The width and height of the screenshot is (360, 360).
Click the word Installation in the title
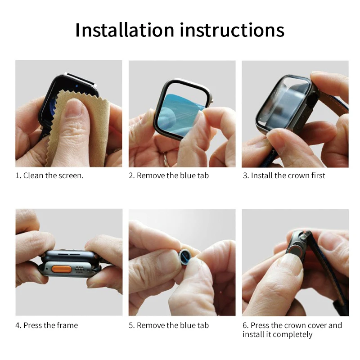[125, 30]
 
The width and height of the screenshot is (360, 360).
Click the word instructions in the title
[232, 30]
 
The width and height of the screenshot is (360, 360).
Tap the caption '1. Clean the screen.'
[49, 175]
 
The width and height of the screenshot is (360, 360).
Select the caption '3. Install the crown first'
[284, 175]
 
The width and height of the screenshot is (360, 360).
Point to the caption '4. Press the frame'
[47, 325]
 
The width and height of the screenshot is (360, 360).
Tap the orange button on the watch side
[62, 269]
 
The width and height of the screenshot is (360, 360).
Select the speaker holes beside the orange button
[80, 270]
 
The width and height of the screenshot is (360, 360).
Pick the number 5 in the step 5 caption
[131, 325]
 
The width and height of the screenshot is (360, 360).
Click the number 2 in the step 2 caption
[131, 176]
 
